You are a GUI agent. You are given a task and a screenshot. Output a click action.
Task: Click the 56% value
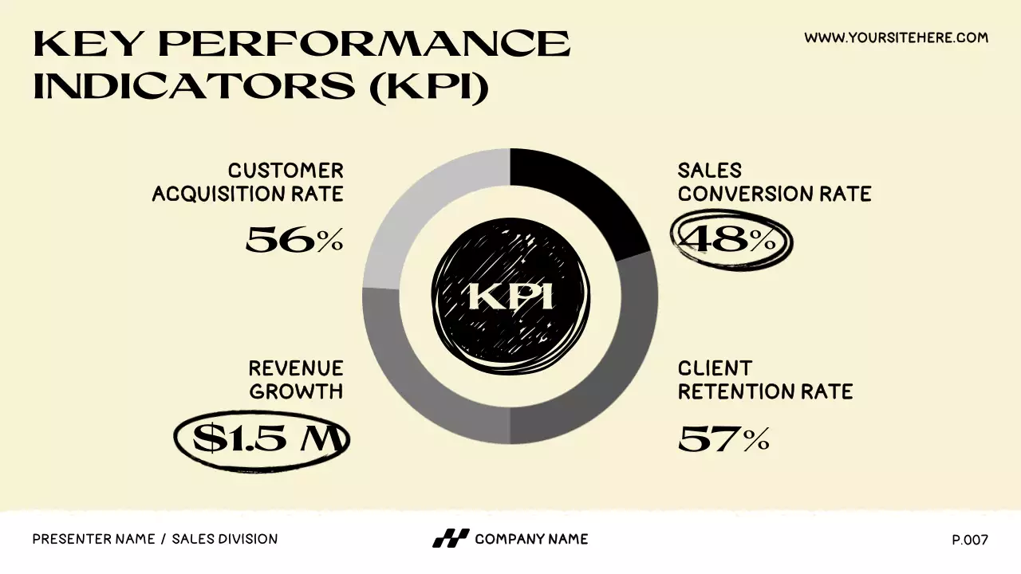pos(294,239)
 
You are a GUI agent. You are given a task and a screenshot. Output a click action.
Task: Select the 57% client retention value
pos(723,438)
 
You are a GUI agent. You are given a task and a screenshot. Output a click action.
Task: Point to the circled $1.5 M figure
pos(262,438)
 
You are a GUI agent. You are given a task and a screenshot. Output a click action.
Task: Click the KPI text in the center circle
pos(510,297)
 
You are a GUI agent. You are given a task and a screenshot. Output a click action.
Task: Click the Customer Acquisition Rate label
pos(248,182)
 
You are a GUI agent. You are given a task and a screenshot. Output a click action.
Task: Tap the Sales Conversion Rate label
pos(774,182)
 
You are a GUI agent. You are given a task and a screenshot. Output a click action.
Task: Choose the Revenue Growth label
pos(296,379)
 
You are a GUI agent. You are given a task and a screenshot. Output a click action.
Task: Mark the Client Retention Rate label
pos(765,379)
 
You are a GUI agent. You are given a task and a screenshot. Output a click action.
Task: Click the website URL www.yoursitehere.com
pos(896,37)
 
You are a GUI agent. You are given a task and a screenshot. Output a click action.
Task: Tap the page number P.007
pos(969,540)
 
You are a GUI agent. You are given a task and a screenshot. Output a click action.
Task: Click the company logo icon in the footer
pos(451,539)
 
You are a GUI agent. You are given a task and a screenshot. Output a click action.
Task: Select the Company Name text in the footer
pos(531,539)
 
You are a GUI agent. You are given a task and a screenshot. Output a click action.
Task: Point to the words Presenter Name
pos(93,539)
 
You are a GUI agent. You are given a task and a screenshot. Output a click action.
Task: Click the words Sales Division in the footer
pos(225,539)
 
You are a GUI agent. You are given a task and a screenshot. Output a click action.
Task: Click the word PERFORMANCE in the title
pos(365,44)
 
